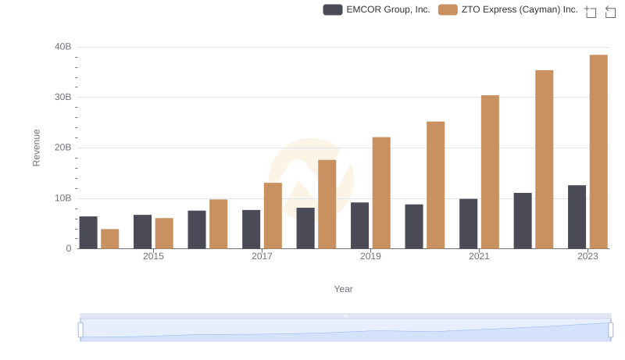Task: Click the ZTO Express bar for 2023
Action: tap(598, 151)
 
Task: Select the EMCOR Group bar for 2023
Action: tap(577, 216)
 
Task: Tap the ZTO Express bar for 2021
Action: tap(490, 172)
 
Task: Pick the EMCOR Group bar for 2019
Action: tap(359, 225)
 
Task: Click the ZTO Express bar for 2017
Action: tap(273, 216)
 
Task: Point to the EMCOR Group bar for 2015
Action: tap(142, 231)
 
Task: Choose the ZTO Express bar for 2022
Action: tap(545, 159)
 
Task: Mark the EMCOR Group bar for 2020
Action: tap(414, 226)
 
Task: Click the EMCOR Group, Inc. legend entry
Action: tap(377, 9)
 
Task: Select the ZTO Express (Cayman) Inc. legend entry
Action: tap(508, 9)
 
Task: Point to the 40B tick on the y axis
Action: tap(63, 47)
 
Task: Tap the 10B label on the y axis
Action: tap(63, 198)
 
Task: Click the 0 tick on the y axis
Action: tap(68, 248)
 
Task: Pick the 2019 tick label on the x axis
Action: tap(370, 257)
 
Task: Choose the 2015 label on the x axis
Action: tap(153, 257)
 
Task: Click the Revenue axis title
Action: tap(36, 148)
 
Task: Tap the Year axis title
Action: tap(344, 289)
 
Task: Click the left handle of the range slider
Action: tap(80, 330)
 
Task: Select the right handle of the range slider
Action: tap(611, 330)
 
